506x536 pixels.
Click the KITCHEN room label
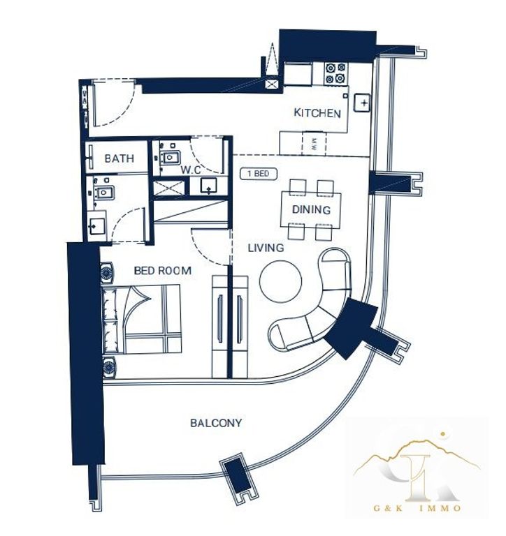317,113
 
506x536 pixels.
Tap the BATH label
119,158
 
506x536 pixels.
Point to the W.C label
191,170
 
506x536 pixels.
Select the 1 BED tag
259,174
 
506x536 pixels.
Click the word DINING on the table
311,209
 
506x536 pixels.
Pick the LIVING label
266,248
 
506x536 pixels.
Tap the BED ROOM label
162,271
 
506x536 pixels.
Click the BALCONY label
216,423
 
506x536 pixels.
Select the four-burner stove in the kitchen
335,73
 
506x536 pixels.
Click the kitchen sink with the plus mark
362,103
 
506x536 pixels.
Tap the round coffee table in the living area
281,281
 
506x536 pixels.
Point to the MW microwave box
315,142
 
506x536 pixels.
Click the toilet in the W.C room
170,157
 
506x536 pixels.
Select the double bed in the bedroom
142,319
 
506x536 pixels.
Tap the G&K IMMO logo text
417,508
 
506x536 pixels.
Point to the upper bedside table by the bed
107,273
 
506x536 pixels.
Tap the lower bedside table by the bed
109,368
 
